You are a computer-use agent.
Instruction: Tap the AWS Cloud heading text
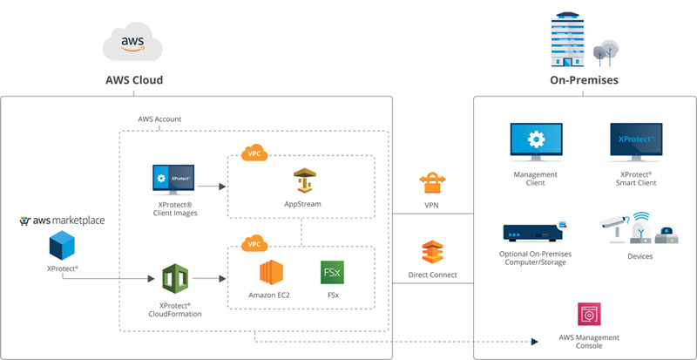point(134,80)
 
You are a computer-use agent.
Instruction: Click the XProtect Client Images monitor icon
point(173,178)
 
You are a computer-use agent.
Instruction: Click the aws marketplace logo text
point(62,221)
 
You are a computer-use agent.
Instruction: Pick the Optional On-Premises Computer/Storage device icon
point(535,233)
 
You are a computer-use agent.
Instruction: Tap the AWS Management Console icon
point(589,315)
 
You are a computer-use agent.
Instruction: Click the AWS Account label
point(160,119)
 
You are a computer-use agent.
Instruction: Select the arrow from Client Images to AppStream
point(212,187)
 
